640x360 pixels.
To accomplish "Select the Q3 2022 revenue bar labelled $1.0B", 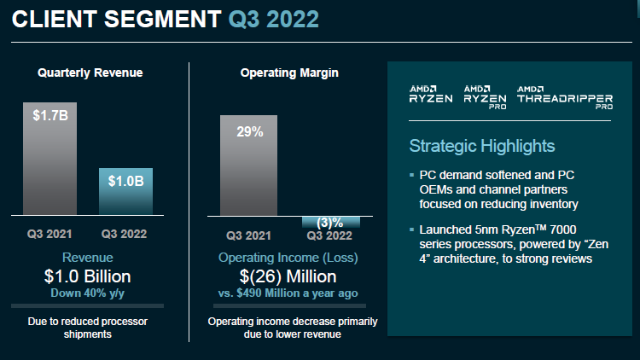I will [x=126, y=191].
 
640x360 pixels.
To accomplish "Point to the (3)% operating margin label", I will [x=330, y=223].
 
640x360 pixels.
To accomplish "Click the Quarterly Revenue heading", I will [x=90, y=73].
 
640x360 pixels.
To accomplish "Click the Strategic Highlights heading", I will [x=481, y=146].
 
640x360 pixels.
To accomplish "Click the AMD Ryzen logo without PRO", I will [x=429, y=96].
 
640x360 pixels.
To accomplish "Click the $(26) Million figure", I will [x=289, y=276].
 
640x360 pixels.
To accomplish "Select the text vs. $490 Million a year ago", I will [x=289, y=293].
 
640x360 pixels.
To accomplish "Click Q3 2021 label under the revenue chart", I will [x=49, y=234].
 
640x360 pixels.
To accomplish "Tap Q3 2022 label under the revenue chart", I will [x=126, y=234].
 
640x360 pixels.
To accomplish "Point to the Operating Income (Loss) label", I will [x=289, y=258].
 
